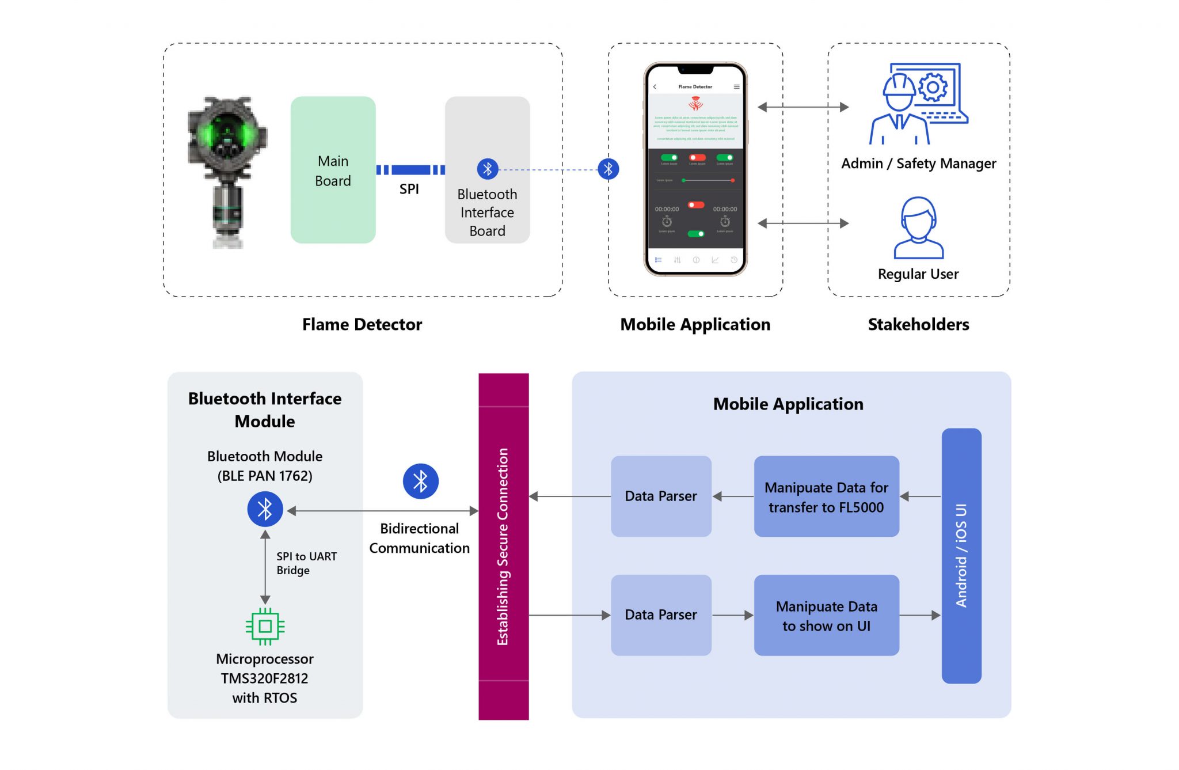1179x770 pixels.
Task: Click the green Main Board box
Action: (x=333, y=170)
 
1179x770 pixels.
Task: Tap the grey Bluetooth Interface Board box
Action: (x=487, y=170)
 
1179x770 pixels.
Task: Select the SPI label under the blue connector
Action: (x=409, y=189)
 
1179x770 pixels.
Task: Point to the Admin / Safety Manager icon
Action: (x=918, y=104)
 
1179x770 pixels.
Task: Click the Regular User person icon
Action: (x=918, y=227)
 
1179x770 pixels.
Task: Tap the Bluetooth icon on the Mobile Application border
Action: (x=608, y=169)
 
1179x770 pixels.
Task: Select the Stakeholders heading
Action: (x=918, y=325)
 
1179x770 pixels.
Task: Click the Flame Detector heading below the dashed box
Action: (x=362, y=325)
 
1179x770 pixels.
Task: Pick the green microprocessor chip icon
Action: (x=265, y=626)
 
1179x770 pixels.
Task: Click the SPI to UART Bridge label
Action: (x=306, y=563)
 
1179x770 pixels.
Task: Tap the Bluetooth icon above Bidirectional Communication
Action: (x=420, y=481)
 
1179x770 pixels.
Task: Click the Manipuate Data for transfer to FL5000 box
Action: (x=826, y=496)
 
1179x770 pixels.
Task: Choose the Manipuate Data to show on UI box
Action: (x=826, y=615)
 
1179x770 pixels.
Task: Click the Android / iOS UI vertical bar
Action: (x=961, y=555)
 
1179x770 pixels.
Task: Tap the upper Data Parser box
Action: (x=661, y=496)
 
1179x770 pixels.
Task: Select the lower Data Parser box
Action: (x=661, y=615)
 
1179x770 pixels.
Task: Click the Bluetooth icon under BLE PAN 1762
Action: (x=265, y=509)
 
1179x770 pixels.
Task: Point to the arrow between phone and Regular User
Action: (x=803, y=223)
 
